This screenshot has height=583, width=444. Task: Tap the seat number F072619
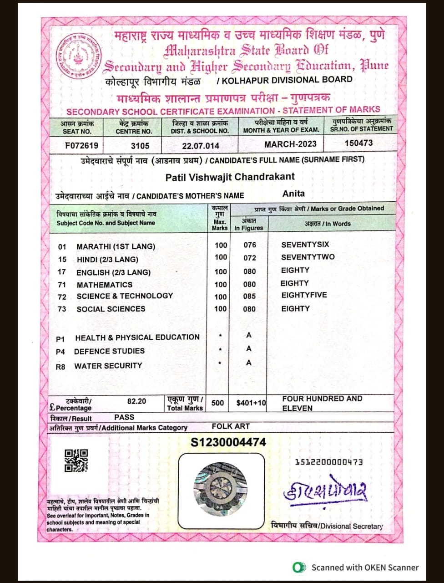click(x=81, y=146)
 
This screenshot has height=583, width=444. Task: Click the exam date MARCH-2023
click(x=290, y=144)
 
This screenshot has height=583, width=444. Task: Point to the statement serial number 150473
click(x=358, y=143)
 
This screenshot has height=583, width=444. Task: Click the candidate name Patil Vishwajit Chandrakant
click(x=230, y=177)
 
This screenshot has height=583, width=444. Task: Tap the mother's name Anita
click(x=293, y=194)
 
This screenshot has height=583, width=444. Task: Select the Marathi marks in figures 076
click(x=250, y=245)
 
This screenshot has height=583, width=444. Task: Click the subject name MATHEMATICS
click(x=105, y=285)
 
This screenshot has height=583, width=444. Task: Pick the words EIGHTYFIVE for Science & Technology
click(x=304, y=295)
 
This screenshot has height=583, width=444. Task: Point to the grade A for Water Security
click(x=249, y=363)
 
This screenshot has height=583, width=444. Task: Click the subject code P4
click(x=61, y=352)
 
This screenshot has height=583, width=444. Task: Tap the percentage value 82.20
click(x=136, y=401)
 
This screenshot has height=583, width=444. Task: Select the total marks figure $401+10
click(x=251, y=403)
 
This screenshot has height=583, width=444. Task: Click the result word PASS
click(x=124, y=417)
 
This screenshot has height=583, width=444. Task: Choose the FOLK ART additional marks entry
click(x=231, y=427)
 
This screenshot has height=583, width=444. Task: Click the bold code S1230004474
click(x=228, y=442)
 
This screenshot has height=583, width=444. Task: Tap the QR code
click(x=76, y=460)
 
